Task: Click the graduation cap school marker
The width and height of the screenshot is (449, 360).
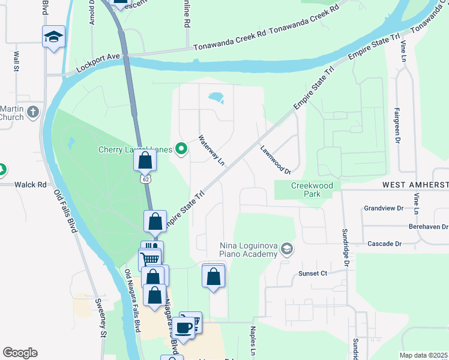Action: [53, 37]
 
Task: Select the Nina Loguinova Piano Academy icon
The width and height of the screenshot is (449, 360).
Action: [287, 248]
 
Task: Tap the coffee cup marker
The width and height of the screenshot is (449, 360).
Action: [184, 327]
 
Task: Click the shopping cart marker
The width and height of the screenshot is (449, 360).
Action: [150, 259]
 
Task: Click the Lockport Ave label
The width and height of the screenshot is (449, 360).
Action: [98, 63]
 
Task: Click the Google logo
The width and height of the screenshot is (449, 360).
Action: [20, 353]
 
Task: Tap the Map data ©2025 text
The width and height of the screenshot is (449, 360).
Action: [423, 355]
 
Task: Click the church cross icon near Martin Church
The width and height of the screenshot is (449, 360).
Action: [33, 112]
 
